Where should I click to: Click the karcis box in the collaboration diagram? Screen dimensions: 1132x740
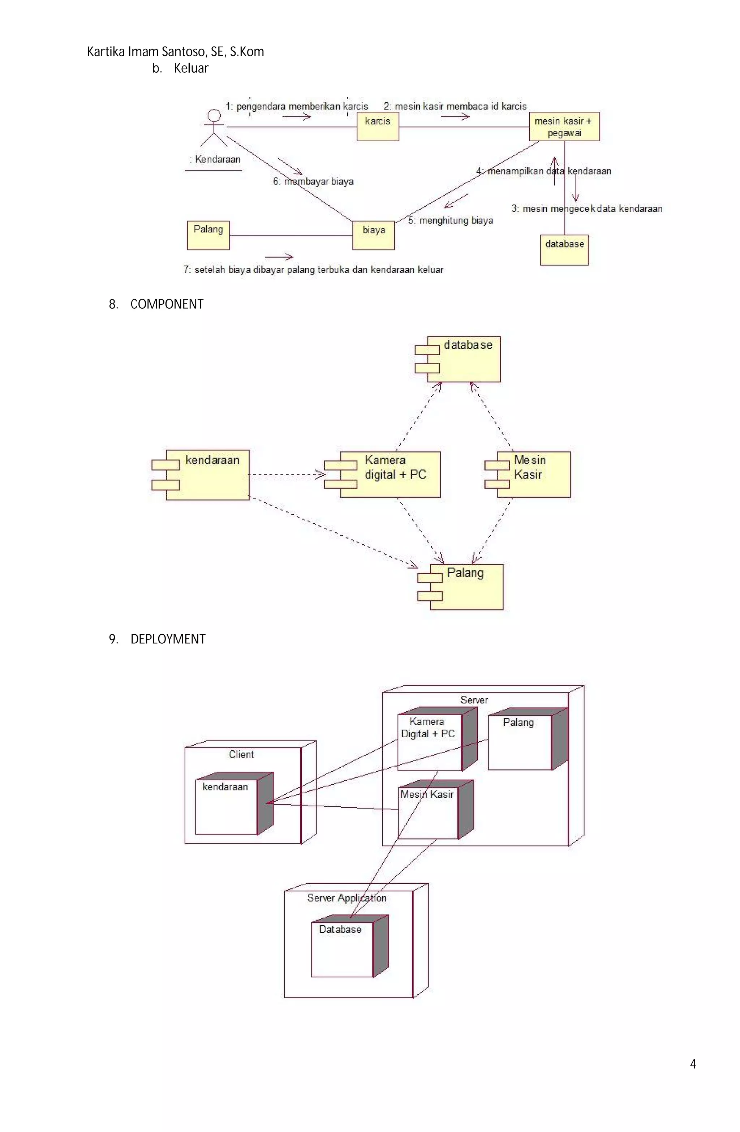[x=378, y=127]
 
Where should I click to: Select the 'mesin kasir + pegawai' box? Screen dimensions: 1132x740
[x=564, y=127]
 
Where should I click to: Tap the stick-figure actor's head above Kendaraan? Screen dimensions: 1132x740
[x=214, y=116]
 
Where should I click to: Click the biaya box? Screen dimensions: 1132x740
[x=373, y=235]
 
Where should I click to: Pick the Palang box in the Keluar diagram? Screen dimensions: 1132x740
[x=208, y=235]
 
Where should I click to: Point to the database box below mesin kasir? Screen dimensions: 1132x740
[x=564, y=250]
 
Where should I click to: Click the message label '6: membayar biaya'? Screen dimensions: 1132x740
[x=313, y=181]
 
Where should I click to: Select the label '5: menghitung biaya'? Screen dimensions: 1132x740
[x=450, y=220]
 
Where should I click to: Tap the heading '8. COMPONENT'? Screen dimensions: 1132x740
[x=156, y=304]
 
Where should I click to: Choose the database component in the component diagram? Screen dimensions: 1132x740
[x=463, y=359]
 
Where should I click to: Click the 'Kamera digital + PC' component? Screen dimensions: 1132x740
[x=390, y=474]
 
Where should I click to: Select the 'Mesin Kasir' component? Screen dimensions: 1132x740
[x=533, y=474]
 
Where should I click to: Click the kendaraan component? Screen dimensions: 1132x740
[x=207, y=475]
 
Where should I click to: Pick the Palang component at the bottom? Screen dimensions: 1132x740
[x=466, y=587]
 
